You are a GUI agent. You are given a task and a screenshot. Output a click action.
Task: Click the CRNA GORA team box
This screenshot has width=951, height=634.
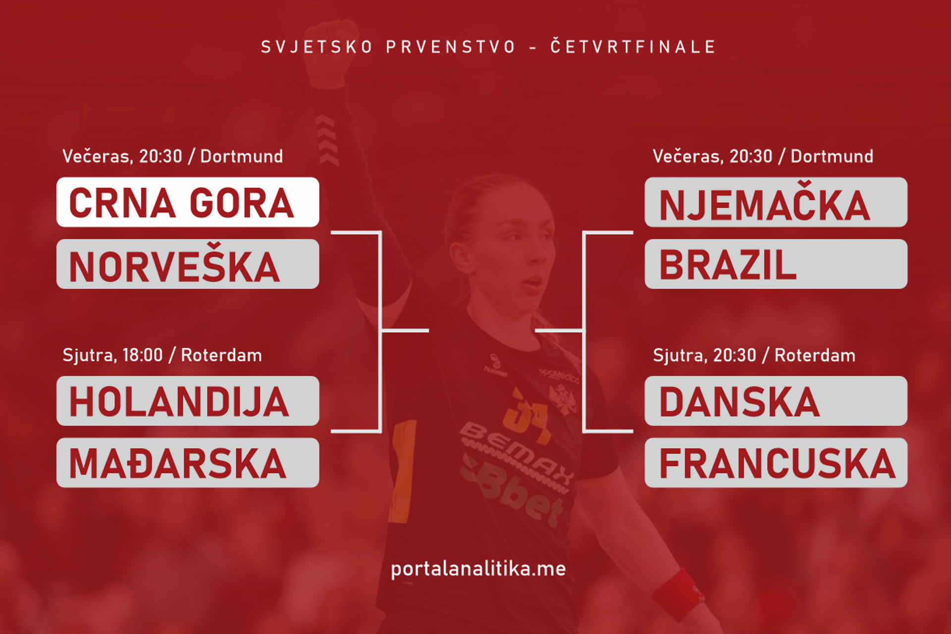[188, 202]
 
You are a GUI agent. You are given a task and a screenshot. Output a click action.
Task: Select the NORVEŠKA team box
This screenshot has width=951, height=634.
[188, 264]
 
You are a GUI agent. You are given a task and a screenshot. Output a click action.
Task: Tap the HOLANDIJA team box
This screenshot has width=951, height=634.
[188, 401]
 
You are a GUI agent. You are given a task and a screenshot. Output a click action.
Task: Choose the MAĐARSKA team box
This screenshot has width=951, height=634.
[188, 463]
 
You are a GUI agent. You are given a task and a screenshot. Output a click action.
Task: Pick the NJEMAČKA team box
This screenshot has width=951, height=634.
[776, 202]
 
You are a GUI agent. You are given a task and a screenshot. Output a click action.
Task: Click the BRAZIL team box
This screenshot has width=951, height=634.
[776, 264]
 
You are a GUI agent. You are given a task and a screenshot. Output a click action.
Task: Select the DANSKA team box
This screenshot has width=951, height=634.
[776, 401]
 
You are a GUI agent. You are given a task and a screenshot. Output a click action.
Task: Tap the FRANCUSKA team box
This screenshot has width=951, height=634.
[776, 463]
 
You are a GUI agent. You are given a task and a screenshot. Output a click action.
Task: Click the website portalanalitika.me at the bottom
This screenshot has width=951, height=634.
[478, 569]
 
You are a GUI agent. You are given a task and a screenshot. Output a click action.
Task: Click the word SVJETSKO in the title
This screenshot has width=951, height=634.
[317, 47]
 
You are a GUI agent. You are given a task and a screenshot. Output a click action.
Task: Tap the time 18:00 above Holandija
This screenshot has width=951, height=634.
[143, 355]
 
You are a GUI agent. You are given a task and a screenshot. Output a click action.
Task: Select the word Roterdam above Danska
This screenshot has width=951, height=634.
[815, 355]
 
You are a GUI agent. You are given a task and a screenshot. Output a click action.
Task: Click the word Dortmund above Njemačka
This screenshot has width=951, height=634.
[832, 157]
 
